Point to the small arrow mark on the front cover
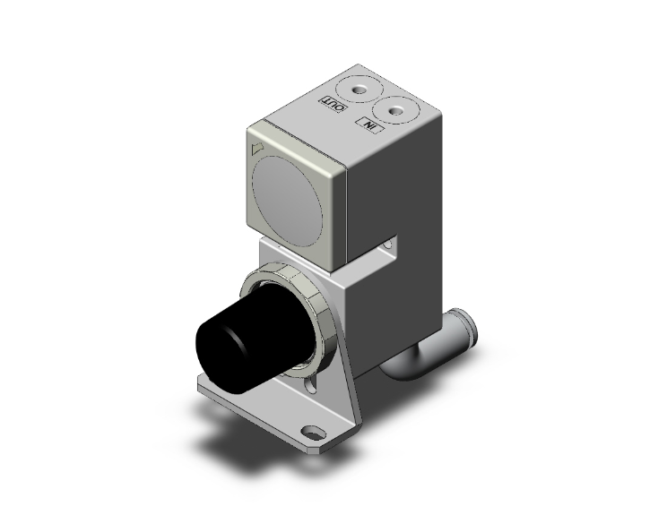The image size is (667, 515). (x=257, y=147)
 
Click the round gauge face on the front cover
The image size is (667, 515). (x=287, y=193)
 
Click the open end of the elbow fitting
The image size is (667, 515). (x=467, y=326)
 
